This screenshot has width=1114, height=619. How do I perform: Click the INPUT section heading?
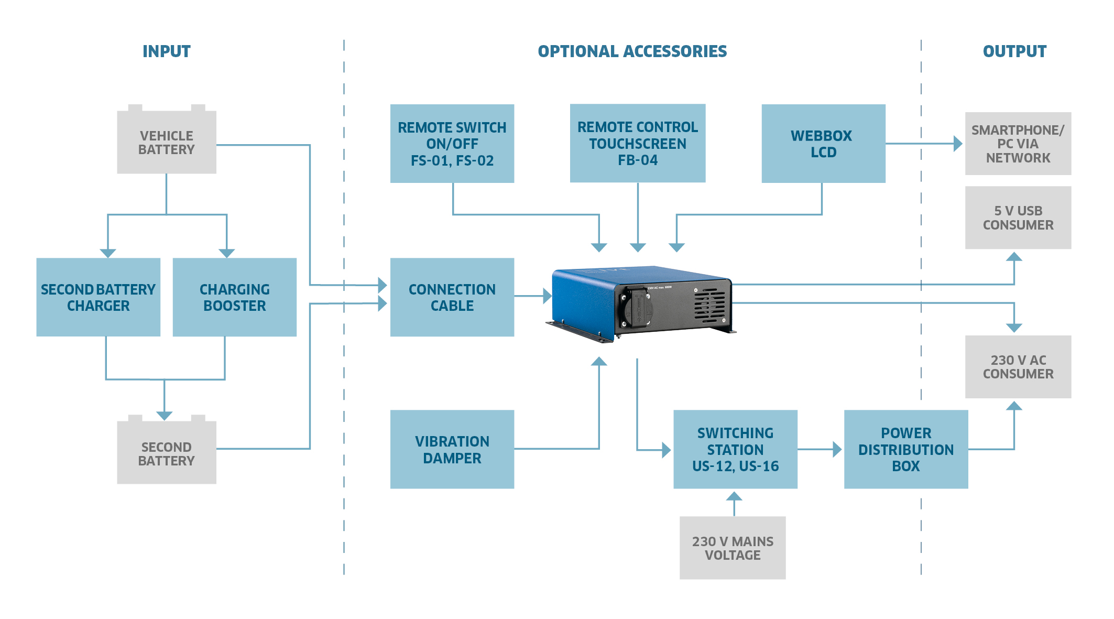click(167, 51)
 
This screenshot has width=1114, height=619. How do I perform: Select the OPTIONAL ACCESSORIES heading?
click(632, 51)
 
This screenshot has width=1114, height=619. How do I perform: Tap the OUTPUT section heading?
click(1014, 51)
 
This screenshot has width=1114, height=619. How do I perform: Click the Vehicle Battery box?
click(167, 143)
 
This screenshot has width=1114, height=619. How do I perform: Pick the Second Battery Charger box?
click(99, 297)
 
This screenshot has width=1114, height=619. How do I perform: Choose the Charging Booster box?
click(235, 297)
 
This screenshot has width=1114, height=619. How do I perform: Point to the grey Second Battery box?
click(167, 453)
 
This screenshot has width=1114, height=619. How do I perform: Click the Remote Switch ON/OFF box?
click(452, 144)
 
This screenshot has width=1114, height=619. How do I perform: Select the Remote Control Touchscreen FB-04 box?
click(638, 144)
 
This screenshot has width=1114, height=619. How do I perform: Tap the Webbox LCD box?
click(823, 144)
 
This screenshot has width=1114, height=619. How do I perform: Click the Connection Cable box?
click(452, 297)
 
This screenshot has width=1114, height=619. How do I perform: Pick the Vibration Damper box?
click(452, 449)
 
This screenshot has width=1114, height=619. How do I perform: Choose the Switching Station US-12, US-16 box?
click(735, 449)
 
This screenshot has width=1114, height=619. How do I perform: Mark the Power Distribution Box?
click(906, 449)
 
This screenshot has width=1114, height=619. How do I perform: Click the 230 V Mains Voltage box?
click(733, 548)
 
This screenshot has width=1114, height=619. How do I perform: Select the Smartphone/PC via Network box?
click(1018, 144)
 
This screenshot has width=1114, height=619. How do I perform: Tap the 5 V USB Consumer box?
click(1018, 218)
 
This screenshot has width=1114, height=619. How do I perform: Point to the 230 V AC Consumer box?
click(1018, 367)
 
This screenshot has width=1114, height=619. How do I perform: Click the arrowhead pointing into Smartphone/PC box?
click(958, 144)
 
